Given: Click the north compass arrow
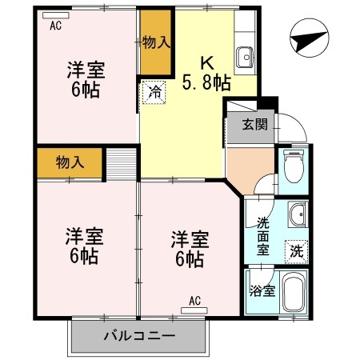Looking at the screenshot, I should point(311,38).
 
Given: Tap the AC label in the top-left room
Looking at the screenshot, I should point(55,26).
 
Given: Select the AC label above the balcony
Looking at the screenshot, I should point(194,302).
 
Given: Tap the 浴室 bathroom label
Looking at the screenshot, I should point(262,291).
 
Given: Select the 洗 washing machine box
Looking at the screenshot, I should point(296,250).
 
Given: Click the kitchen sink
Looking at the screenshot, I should point(245,57).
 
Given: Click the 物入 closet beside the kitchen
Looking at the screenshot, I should point(155,42).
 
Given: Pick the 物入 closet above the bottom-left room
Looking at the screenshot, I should point(70,162).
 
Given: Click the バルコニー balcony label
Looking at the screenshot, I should point(138,336).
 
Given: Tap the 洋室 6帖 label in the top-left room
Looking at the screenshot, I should point(83,79).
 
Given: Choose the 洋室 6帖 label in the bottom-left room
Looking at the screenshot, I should point(82,246).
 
